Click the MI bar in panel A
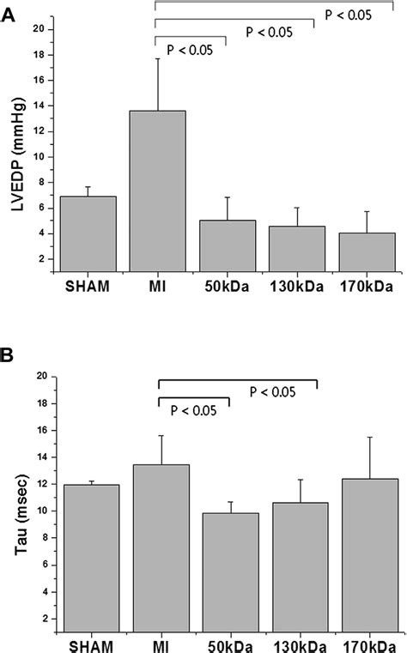(x=157, y=189)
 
